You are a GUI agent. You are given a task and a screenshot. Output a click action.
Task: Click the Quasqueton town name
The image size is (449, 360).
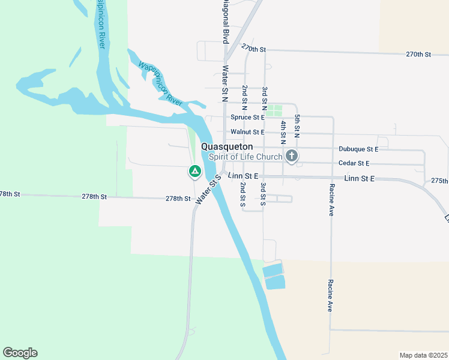pyautogui.click(x=227, y=146)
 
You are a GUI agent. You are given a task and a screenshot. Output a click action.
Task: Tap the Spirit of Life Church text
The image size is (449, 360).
pyautogui.click(x=246, y=157)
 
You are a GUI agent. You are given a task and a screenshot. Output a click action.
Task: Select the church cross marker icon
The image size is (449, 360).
pyautogui.click(x=292, y=157)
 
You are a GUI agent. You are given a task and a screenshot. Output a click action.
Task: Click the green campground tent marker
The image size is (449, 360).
pyautogui.click(x=194, y=172)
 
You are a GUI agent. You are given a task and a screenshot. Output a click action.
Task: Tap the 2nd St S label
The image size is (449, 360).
pyautogui.click(x=243, y=194)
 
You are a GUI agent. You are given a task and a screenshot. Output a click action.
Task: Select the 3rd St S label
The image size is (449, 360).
pyautogui.click(x=262, y=195)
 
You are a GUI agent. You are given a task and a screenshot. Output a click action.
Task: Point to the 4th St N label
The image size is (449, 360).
pyautogui.click(x=283, y=133)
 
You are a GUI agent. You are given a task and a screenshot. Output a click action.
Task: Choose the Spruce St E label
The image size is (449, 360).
pyautogui.click(x=247, y=118)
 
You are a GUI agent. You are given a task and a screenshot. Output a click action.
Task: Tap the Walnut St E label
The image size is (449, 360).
pyautogui.click(x=247, y=132)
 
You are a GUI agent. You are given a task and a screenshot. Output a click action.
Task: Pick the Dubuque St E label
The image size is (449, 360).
pyautogui.click(x=358, y=149)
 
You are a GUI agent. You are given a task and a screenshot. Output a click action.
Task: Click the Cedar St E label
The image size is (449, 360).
pyautogui.click(x=354, y=163)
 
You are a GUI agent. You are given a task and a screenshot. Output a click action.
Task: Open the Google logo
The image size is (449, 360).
pyautogui.click(x=20, y=353)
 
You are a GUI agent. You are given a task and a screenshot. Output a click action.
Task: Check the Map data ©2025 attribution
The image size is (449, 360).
pyautogui.click(x=423, y=355)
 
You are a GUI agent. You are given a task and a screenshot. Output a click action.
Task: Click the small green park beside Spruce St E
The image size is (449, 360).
pyautogui.click(x=274, y=111)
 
